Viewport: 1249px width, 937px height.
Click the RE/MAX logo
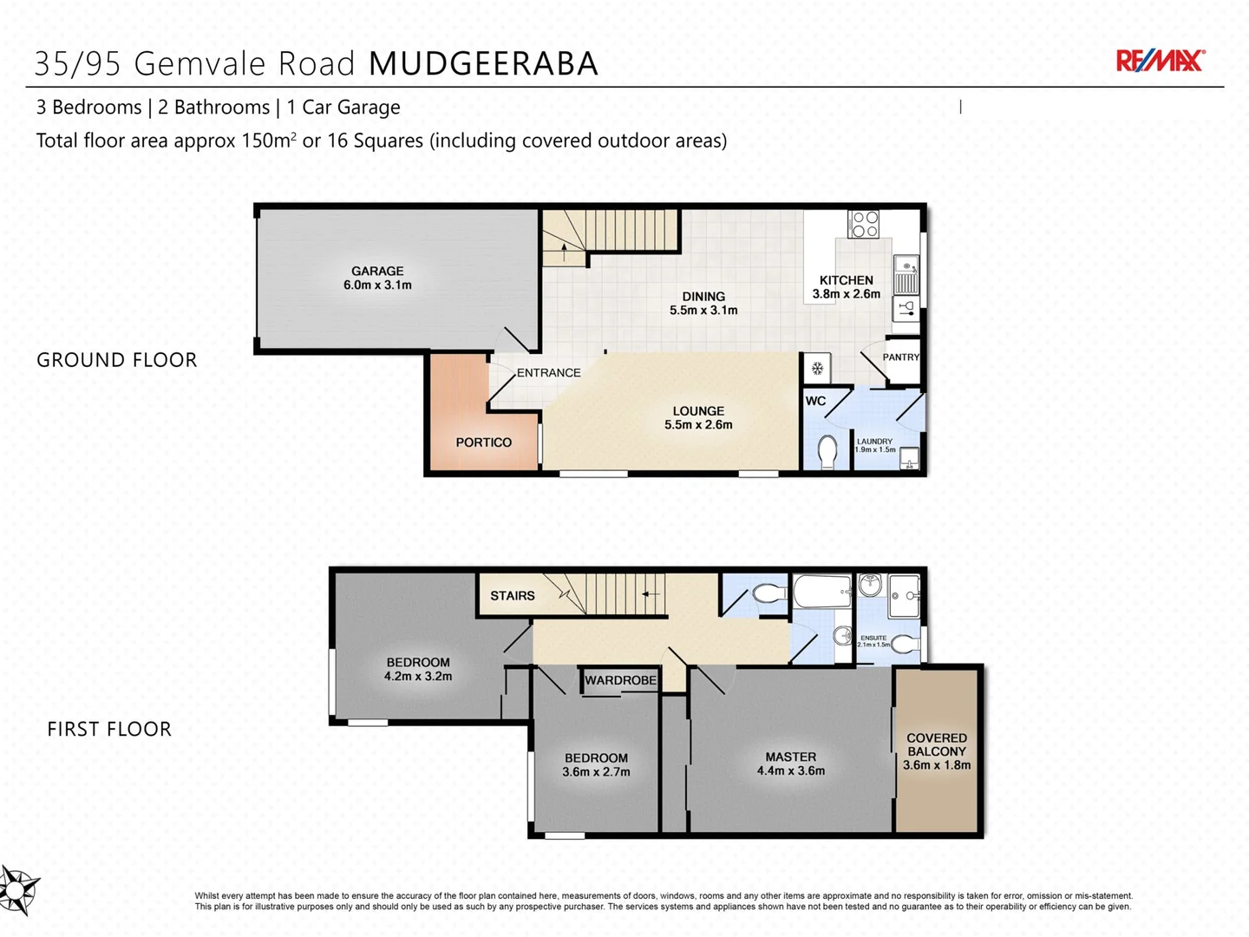(1160, 61)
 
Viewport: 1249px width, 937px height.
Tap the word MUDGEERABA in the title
(483, 64)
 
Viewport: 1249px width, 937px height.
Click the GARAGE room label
(377, 271)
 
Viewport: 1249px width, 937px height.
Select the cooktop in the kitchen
(863, 224)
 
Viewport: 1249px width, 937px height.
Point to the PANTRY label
(900, 357)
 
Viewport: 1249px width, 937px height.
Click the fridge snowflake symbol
(817, 369)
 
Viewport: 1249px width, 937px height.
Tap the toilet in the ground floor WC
(827, 451)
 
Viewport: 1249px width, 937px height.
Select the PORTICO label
(483, 442)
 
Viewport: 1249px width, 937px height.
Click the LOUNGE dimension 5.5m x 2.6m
(698, 425)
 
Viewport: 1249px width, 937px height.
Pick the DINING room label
(703, 297)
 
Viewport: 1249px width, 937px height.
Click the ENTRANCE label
(548, 373)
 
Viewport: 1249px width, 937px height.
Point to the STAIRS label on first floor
(512, 596)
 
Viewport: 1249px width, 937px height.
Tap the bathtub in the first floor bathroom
(821, 593)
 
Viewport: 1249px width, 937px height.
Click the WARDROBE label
(620, 680)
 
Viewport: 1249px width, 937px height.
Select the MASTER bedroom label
(790, 757)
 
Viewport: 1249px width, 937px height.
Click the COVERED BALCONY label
(936, 744)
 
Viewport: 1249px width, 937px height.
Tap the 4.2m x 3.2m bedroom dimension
(418, 677)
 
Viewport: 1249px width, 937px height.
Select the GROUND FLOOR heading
(117, 360)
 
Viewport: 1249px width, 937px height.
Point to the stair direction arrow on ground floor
(565, 252)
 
